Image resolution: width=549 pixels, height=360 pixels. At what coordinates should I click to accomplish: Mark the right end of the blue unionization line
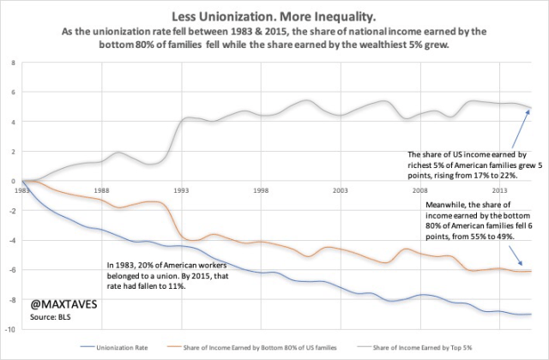click(x=531, y=315)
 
